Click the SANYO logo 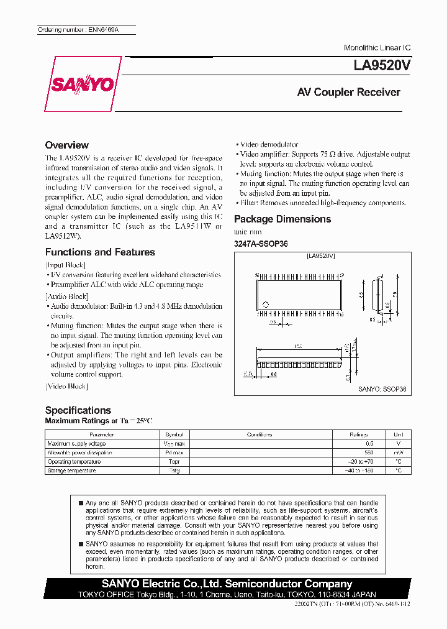click(81, 85)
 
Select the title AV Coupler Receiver click(348, 92)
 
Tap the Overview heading click(67, 145)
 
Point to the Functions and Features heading click(100, 252)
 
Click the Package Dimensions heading click(282, 219)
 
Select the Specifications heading click(78, 410)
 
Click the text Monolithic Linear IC click(377, 48)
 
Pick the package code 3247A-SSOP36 click(261, 244)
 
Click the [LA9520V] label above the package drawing click(321, 255)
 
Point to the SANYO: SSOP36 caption click(382, 389)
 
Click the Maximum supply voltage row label click(76, 444)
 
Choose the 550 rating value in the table click(369, 452)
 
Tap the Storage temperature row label click(71, 471)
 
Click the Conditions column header click(260, 434)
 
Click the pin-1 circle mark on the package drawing click(266, 305)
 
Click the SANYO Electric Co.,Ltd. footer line click(227, 584)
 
